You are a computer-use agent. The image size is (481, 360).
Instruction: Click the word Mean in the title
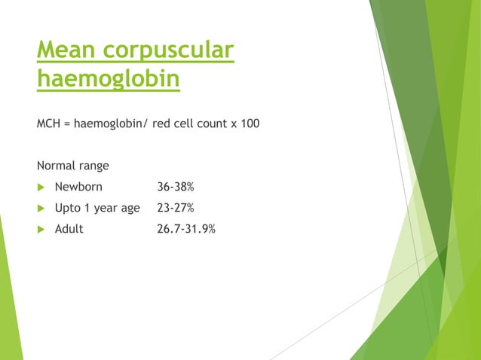66,51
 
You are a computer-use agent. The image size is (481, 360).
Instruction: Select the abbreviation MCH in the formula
49,123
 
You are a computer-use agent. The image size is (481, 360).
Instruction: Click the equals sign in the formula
67,123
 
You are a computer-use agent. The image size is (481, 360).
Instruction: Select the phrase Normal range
72,165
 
